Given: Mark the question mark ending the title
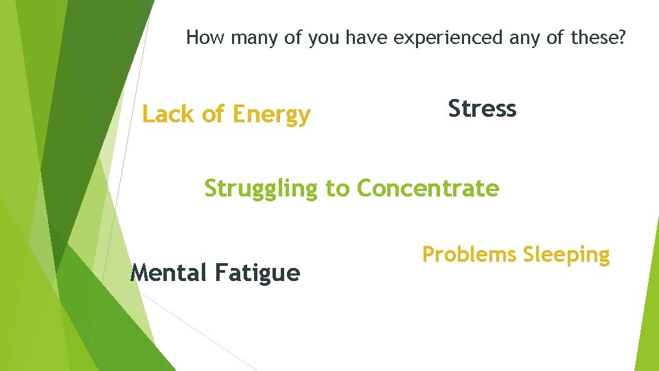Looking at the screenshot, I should coord(621,38).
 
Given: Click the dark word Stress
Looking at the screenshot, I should coord(482,109).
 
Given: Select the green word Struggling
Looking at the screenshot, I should coord(261,188).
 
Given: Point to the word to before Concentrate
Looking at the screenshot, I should coord(337,188).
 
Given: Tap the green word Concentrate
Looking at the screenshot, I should coord(428,188).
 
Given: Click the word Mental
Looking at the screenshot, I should coord(168,273).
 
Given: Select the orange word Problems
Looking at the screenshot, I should coord(469,255).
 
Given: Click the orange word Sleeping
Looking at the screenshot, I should coord(566,256).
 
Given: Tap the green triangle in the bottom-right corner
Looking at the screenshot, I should coord(648,323).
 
